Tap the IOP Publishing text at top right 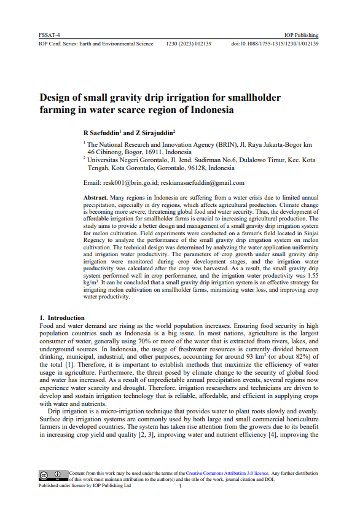[301, 36]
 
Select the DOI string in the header [275, 44]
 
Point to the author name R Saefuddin [102, 132]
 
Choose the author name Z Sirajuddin [155, 132]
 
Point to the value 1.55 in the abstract [312, 276]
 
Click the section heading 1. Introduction [62, 317]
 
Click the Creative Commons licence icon [53, 474]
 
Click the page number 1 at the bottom [180, 486]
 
